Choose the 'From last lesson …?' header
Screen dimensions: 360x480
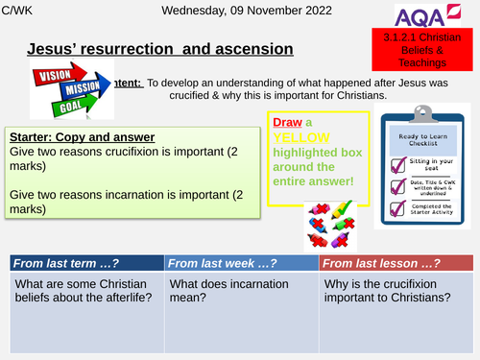point(396,263)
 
